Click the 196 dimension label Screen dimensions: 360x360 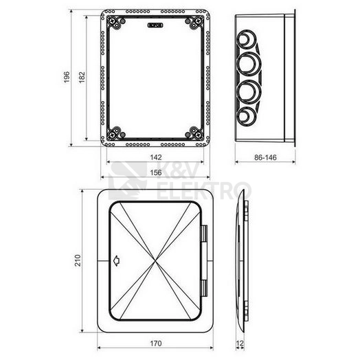[67, 77]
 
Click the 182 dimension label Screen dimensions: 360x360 [82, 78]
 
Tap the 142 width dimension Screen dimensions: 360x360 [156, 157]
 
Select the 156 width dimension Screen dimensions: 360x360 [156, 172]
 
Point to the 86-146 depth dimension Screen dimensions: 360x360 [265, 157]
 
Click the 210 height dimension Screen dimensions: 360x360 [78, 260]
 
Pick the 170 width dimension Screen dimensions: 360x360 [156, 344]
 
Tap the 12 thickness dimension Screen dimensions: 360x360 [240, 344]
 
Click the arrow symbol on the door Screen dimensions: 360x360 [117, 261]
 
